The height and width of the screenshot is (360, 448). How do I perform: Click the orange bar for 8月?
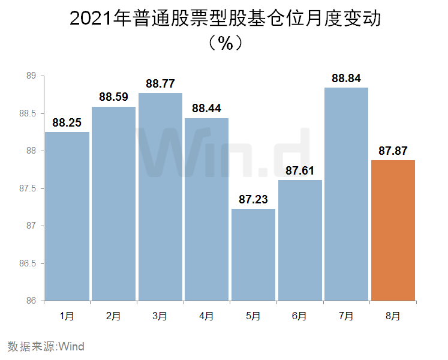tap(393, 230)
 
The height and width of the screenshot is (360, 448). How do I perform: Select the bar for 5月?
tap(253, 254)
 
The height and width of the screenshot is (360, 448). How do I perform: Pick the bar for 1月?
tap(67, 216)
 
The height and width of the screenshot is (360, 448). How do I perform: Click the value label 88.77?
tap(160, 84)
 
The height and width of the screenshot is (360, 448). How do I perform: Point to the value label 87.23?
tap(253, 200)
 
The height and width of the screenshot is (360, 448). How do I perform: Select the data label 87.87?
tap(393, 151)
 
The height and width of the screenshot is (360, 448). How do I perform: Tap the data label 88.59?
tap(114, 97)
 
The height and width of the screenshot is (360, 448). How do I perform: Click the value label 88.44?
tap(206, 109)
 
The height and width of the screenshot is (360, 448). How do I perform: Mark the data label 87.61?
tap(300, 171)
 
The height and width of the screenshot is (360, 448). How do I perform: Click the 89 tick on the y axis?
tap(32, 76)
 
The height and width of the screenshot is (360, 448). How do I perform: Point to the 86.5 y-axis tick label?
tap(29, 263)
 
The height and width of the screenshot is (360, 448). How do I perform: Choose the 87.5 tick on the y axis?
tap(29, 188)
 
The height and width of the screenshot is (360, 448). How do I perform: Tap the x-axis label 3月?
tap(160, 316)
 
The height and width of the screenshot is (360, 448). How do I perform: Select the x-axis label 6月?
tap(300, 316)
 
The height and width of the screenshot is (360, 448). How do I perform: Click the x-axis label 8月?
tap(393, 316)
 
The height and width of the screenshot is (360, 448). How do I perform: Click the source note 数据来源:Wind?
tap(46, 346)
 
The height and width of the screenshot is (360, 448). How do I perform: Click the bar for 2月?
tap(114, 204)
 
